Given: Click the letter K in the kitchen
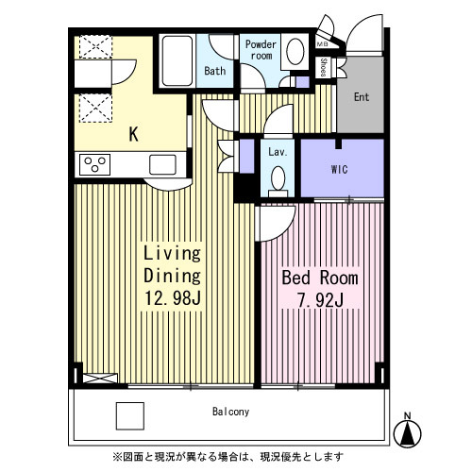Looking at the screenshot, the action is coord(134,134).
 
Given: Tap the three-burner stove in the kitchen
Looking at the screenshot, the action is coord(94,164).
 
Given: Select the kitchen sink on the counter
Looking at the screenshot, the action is coord(162,164).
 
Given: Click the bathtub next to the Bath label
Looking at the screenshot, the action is coord(177,60).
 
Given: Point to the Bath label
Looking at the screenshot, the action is coord(215,71).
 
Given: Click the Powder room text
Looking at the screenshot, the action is coord(261,50).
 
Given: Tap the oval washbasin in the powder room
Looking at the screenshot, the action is coord(295,51).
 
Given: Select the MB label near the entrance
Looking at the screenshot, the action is coord(322,44).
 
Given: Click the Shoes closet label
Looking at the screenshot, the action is coord(323,67).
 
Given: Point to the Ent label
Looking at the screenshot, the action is coord(362,97).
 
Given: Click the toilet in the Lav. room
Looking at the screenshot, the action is coord(278,181).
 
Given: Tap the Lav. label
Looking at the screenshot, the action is coord(278,152).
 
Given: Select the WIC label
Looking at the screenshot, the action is coord(340,170).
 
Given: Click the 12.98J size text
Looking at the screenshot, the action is coord(173,297).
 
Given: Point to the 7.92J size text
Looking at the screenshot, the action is coord(320,300).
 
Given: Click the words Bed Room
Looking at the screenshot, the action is coord(320,278).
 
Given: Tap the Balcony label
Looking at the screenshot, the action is coord(230,412).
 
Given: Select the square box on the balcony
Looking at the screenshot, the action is coord(130,416).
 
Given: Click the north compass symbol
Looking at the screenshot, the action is coord(408,431).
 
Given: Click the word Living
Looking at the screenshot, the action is coord(172,253).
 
